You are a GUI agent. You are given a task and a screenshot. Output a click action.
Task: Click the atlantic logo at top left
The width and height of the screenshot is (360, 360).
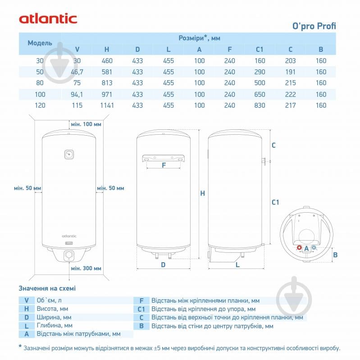(48, 18)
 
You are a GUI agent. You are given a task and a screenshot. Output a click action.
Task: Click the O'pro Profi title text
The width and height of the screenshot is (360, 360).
(314, 25)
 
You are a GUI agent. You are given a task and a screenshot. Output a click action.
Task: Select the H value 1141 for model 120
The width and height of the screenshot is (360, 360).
(106, 105)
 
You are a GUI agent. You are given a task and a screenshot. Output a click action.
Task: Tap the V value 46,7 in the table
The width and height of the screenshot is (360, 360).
(77, 72)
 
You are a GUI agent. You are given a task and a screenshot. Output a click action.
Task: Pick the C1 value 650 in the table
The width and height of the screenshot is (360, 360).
(260, 94)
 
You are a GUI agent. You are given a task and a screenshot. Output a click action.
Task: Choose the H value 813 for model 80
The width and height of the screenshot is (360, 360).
(106, 83)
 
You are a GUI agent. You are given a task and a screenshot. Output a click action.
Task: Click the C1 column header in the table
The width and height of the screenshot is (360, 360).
(260, 50)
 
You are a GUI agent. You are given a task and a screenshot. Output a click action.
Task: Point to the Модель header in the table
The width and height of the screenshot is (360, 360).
(40, 43)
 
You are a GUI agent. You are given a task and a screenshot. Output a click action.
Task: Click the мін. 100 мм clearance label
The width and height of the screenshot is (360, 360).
(86, 124)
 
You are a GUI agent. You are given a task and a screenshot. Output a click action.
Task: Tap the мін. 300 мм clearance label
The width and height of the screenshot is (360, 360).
(86, 268)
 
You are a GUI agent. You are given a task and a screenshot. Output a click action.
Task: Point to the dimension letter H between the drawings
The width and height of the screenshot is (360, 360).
(202, 193)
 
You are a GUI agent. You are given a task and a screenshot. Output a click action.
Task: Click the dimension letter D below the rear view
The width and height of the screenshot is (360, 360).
(163, 265)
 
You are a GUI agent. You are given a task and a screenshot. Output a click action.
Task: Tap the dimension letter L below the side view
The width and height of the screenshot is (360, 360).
(237, 265)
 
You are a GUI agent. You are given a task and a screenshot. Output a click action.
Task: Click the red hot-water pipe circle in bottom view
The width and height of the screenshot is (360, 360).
(300, 248)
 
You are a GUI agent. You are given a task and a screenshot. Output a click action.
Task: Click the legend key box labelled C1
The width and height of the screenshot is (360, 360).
(141, 309)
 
